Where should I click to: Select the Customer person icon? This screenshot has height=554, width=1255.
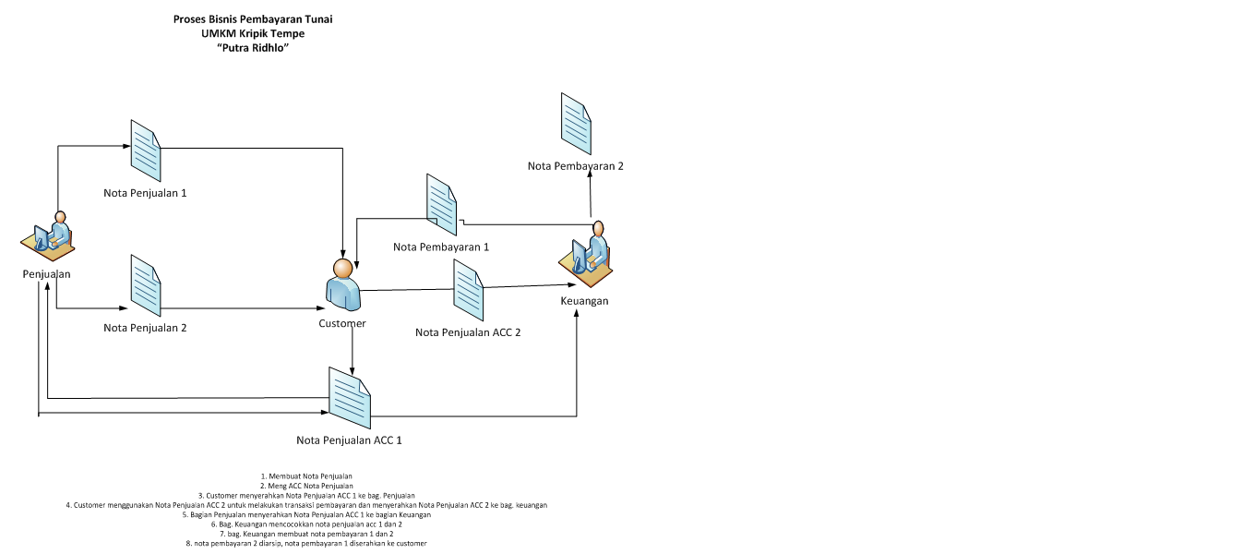[x=342, y=284]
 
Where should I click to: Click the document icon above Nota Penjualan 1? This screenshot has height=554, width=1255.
[x=146, y=151]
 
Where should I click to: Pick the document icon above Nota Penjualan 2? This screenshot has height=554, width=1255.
[x=146, y=284]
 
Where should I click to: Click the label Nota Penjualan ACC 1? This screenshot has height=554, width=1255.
[x=349, y=440]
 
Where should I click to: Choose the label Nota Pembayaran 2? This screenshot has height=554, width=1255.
[x=576, y=166]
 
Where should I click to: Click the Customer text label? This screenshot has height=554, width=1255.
[x=342, y=324]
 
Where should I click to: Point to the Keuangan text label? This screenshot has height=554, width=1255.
[x=585, y=301]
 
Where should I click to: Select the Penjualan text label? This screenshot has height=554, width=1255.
[x=47, y=274]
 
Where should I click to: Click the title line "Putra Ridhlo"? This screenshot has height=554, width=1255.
[x=253, y=48]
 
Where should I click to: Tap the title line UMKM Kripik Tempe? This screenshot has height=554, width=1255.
[x=253, y=33]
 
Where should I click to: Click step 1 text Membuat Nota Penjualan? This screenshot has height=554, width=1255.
[x=306, y=476]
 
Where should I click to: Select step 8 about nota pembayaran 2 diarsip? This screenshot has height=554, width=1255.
[x=306, y=543]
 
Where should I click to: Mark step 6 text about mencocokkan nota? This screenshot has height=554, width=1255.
[x=306, y=524]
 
